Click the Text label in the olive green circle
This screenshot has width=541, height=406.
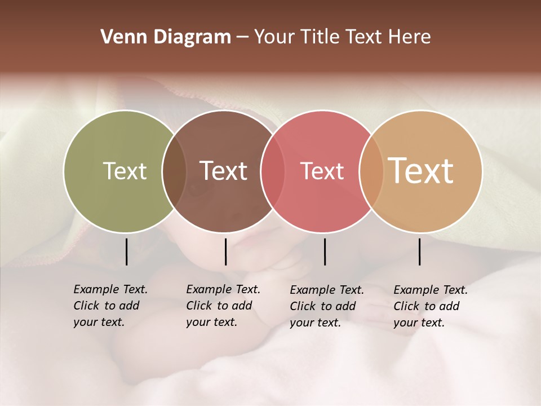[x=125, y=171]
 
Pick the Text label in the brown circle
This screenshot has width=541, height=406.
[x=223, y=171]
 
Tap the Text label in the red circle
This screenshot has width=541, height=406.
[x=322, y=171]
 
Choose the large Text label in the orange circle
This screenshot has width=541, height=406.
[x=421, y=171]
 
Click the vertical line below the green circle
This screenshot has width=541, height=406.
[x=126, y=251]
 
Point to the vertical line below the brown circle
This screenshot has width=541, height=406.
[x=225, y=251]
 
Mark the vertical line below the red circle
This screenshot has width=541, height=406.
[x=325, y=251]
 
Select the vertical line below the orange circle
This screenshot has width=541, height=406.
[x=420, y=251]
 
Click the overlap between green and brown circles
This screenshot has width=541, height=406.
[x=174, y=171]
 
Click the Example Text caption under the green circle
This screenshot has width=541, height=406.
[x=110, y=306]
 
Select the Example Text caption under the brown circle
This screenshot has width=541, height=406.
[x=223, y=306]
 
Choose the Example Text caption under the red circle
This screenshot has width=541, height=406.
[x=327, y=306]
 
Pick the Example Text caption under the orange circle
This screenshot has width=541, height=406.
[x=431, y=306]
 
